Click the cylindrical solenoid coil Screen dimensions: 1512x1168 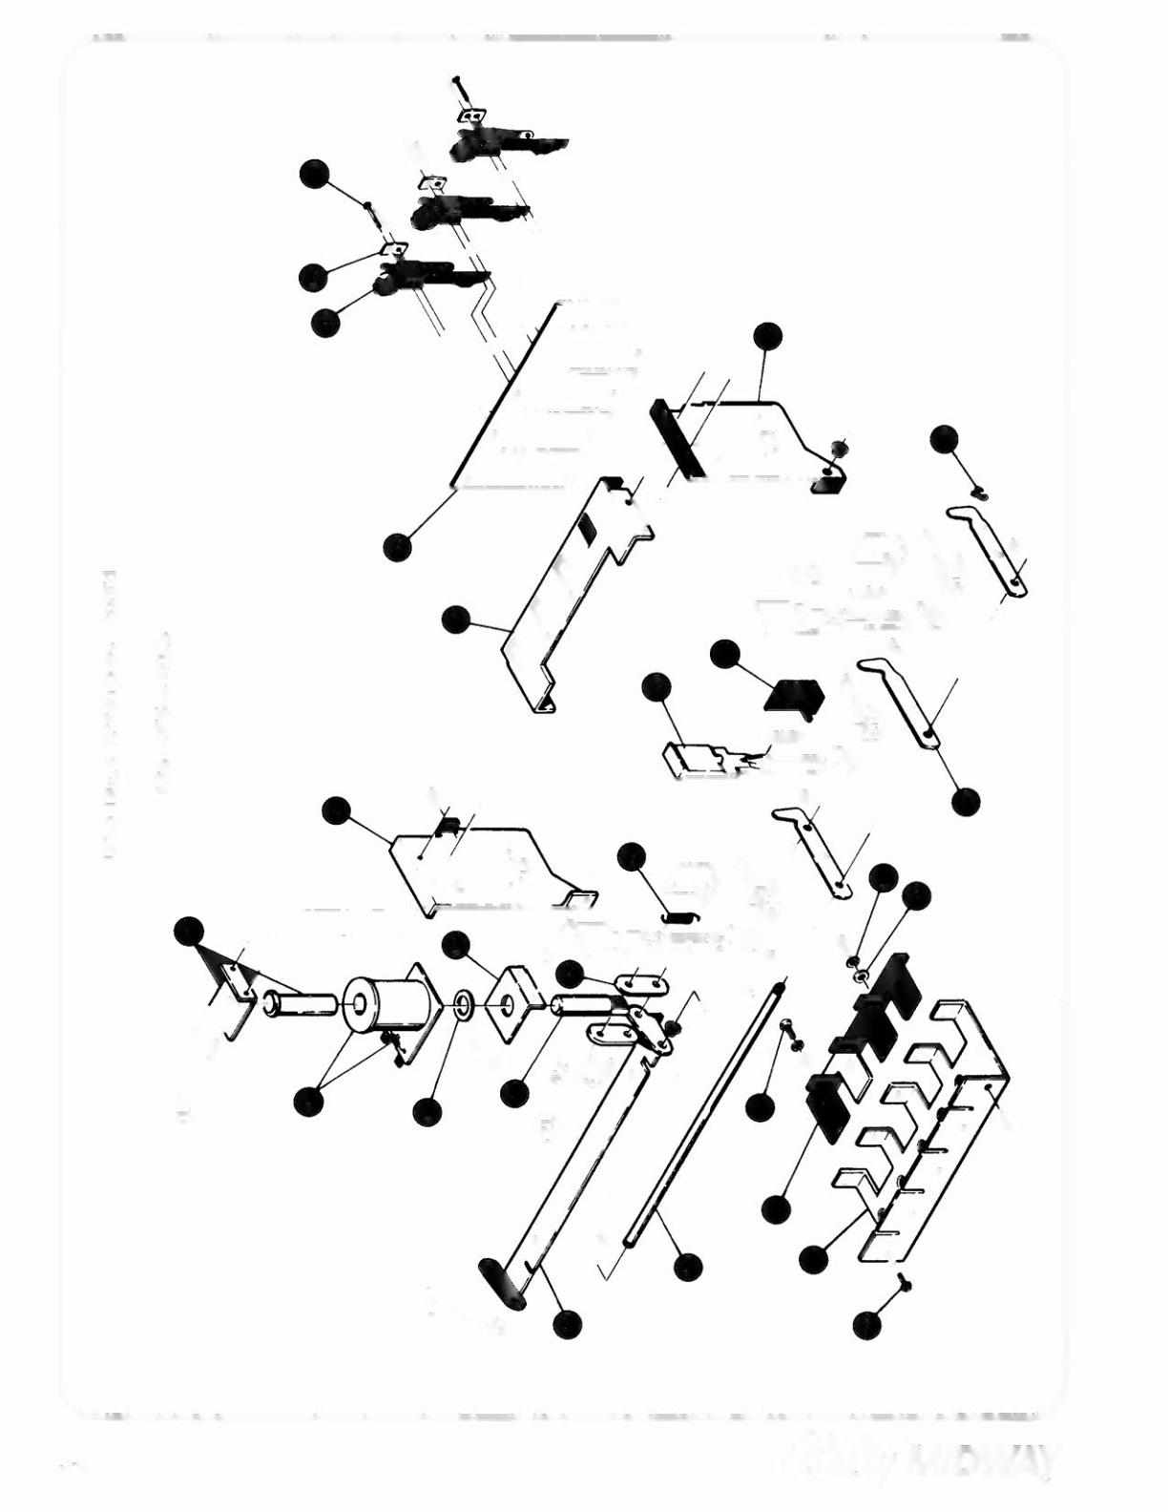(382, 1008)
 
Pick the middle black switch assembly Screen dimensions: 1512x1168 (468, 210)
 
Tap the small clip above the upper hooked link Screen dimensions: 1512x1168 (979, 492)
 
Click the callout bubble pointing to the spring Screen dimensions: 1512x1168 (632, 857)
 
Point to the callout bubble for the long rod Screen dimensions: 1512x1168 (687, 1267)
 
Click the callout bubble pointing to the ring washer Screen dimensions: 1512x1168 (428, 1112)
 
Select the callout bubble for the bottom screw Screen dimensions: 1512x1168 (866, 1325)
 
